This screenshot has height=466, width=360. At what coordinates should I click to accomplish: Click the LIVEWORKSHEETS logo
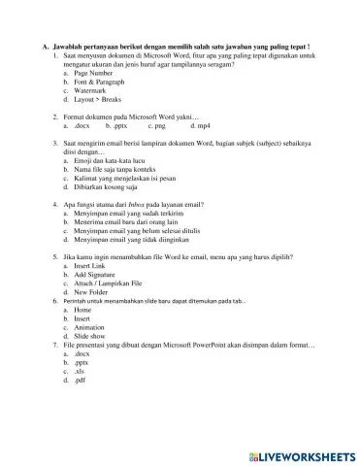[x=298, y=453]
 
